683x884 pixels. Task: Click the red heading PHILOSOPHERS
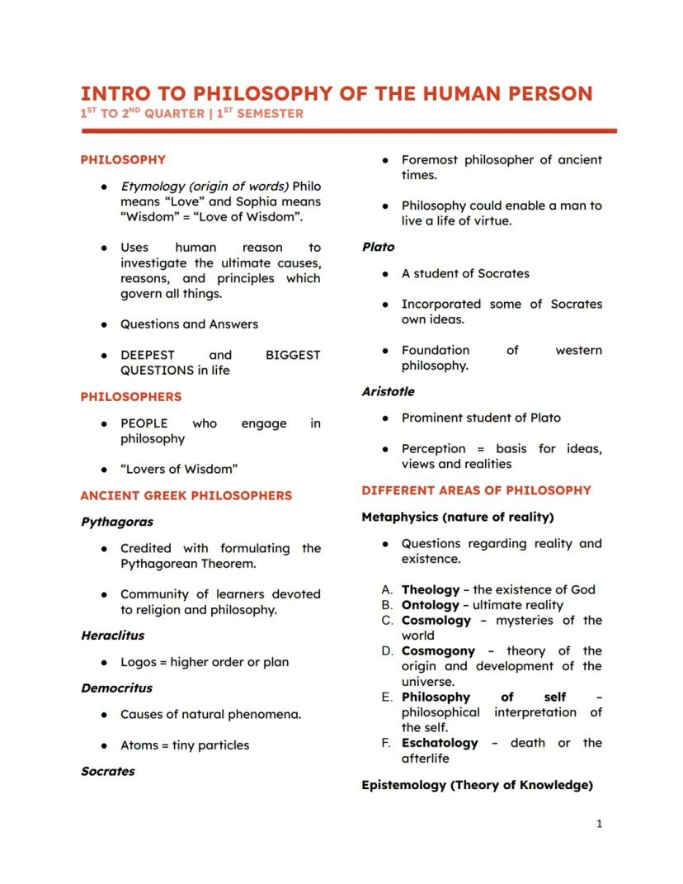point(130,396)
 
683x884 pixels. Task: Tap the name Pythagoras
point(117,522)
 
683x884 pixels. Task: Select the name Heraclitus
point(113,636)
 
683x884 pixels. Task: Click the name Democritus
point(116,688)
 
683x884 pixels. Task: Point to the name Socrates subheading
point(108,771)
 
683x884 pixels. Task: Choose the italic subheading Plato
point(379,247)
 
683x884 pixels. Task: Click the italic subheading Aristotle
point(388,391)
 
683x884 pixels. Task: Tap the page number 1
point(599,823)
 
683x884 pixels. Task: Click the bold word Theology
point(430,589)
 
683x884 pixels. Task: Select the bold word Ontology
point(430,605)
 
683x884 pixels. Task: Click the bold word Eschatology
point(440,742)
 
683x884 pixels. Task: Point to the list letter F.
point(385,742)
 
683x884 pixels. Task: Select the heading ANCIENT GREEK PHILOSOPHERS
point(186,495)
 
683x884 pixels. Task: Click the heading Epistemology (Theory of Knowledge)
point(477,785)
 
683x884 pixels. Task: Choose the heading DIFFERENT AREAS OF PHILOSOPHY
point(476,489)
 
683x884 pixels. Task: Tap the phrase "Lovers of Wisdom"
point(179,469)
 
